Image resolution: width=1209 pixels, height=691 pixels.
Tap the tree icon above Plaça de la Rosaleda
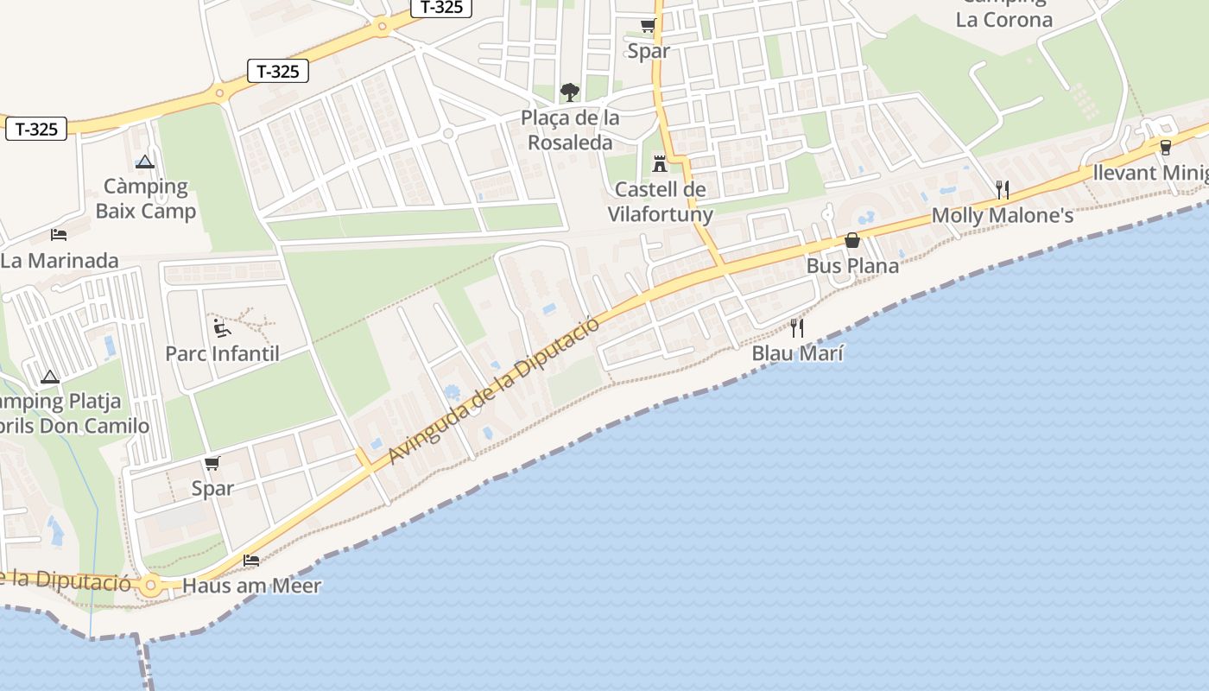(x=569, y=92)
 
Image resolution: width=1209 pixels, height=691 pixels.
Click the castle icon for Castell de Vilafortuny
(x=661, y=163)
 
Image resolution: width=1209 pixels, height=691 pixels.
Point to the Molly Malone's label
(x=1002, y=215)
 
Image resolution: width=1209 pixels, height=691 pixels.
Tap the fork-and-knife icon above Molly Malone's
(x=1002, y=189)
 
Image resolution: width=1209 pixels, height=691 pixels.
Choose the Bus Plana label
(x=852, y=266)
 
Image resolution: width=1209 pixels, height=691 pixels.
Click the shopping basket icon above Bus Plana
(x=852, y=240)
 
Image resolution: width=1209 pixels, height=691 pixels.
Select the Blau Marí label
(x=797, y=353)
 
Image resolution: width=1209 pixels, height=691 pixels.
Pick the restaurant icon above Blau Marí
(x=797, y=327)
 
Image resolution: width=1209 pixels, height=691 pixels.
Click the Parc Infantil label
(x=222, y=353)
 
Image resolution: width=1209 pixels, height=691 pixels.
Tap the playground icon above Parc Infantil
(x=222, y=327)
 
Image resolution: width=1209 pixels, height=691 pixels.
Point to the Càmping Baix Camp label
(x=145, y=199)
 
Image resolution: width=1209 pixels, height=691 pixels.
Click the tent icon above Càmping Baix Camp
(x=144, y=161)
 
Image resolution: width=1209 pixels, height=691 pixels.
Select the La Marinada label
(x=59, y=260)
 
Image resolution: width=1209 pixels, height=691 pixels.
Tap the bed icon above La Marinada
(x=59, y=234)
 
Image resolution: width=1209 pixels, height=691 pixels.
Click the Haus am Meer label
(x=251, y=586)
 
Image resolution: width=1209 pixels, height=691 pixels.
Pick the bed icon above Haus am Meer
(x=251, y=560)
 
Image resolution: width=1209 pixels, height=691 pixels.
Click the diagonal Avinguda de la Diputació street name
(x=493, y=390)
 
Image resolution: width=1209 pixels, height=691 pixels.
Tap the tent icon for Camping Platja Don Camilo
(x=50, y=377)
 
